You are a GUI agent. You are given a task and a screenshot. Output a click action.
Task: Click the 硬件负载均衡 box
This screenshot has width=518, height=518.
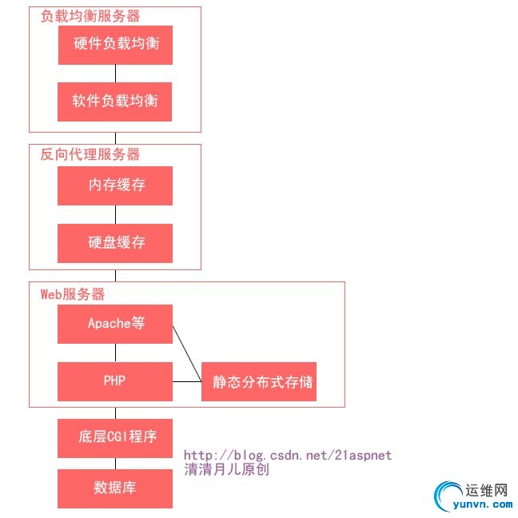(x=115, y=45)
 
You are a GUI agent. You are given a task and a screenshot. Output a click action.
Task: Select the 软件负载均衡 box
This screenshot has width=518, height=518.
(x=115, y=102)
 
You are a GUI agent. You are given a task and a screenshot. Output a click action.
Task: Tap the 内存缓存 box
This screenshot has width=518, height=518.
(x=115, y=185)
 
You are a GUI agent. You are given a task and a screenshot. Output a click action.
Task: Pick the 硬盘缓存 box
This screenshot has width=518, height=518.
(x=115, y=243)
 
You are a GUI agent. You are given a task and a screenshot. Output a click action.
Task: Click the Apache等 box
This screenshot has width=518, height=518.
(x=115, y=324)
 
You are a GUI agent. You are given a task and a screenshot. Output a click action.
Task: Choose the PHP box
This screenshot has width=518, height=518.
(x=115, y=381)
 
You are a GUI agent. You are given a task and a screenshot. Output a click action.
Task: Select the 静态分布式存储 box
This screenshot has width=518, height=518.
(x=259, y=382)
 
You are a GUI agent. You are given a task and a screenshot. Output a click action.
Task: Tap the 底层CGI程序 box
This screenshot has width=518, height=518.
(x=115, y=438)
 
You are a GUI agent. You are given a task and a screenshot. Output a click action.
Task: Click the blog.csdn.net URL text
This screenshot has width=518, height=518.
(x=288, y=455)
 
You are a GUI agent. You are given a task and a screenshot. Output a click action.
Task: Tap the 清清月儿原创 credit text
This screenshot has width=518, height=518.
(x=226, y=469)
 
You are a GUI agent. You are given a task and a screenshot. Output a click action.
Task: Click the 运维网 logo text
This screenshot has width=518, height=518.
(x=486, y=490)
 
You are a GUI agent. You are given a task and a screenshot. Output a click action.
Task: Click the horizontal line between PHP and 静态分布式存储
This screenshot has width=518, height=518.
(x=187, y=381)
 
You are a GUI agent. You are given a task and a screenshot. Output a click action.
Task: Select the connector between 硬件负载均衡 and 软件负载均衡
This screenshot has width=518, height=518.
(x=115, y=74)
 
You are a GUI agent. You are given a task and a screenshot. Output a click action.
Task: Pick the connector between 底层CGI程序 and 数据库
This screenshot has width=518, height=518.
(x=115, y=464)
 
